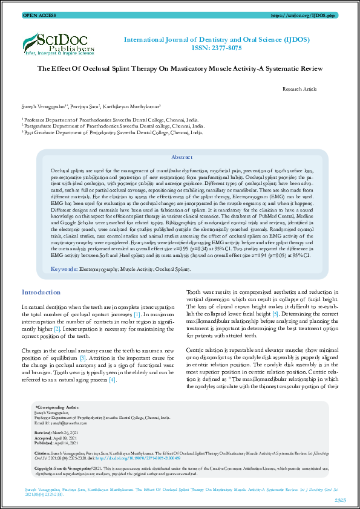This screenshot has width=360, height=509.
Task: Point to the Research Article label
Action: point(299,89)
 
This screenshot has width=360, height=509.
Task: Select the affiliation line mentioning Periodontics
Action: point(113,132)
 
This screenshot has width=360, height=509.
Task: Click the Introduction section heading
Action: point(41,293)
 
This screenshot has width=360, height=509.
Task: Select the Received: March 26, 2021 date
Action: point(59,433)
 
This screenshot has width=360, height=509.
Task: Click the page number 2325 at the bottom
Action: point(340,499)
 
